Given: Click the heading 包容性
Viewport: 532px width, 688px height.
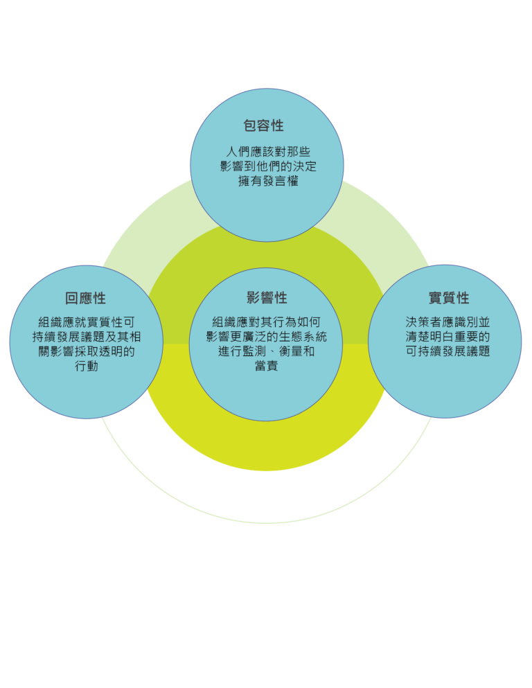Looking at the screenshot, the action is click(x=264, y=125).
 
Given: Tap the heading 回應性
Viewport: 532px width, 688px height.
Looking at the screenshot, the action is click(x=85, y=299).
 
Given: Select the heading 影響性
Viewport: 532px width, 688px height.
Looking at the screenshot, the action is click(x=267, y=298).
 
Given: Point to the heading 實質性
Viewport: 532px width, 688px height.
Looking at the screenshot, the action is click(x=449, y=298).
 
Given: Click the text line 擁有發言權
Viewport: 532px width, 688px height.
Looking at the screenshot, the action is click(x=268, y=181).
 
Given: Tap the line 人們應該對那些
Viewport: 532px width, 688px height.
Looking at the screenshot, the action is click(x=268, y=152).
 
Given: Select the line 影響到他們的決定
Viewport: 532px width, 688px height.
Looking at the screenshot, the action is click(x=268, y=166).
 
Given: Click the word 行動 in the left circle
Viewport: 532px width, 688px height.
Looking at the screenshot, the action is click(x=87, y=366).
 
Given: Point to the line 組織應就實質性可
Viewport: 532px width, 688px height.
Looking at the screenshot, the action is click(x=87, y=322).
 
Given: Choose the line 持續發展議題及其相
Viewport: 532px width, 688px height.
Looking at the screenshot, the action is click(x=87, y=337).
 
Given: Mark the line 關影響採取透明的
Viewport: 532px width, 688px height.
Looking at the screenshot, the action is click(x=87, y=351).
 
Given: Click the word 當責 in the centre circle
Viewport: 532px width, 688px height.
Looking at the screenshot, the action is click(x=266, y=366).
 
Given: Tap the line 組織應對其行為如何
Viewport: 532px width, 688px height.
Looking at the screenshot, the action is click(x=266, y=322).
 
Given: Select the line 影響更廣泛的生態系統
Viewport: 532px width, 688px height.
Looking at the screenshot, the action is click(x=266, y=337).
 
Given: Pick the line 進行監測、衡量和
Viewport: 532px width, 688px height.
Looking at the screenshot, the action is click(x=266, y=351).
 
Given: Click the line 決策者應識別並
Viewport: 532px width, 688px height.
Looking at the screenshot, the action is click(x=447, y=322).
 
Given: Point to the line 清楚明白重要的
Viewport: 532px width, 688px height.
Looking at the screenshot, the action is click(x=447, y=337).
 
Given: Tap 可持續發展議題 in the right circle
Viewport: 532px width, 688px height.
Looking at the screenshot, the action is click(x=447, y=351).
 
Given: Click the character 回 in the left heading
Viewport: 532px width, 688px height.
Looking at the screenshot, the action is click(x=72, y=299).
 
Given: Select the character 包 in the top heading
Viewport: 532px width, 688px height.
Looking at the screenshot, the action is click(x=251, y=125).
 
